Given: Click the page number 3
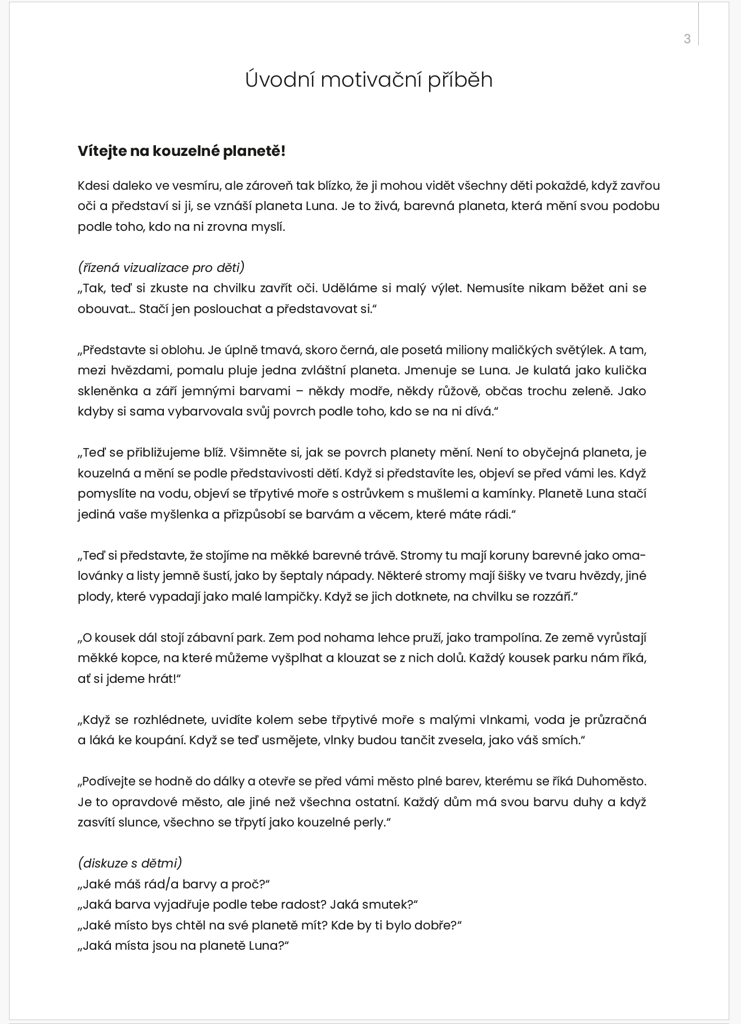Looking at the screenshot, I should [687, 39].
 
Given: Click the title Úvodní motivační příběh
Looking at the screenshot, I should [369, 79].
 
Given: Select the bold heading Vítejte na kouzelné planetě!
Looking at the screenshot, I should [181, 151].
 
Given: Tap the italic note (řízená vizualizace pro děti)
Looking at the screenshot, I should [161, 267].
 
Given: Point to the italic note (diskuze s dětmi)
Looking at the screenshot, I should [130, 863].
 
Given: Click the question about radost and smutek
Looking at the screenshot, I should [248, 904].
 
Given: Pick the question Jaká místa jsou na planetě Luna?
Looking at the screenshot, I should [184, 945].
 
